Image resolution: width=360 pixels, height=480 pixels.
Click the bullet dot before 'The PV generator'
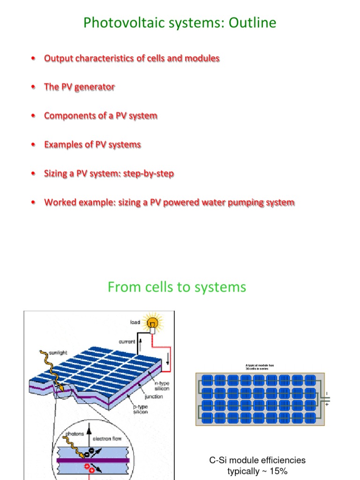(x=32, y=88)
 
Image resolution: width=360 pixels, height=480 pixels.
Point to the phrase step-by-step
(x=150, y=174)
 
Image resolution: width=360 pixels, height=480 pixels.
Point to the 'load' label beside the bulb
(x=136, y=322)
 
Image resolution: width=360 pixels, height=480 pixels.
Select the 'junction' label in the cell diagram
(x=154, y=397)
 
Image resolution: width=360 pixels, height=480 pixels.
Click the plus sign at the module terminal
(x=327, y=404)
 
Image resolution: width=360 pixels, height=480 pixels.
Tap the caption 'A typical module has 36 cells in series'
(x=259, y=367)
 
